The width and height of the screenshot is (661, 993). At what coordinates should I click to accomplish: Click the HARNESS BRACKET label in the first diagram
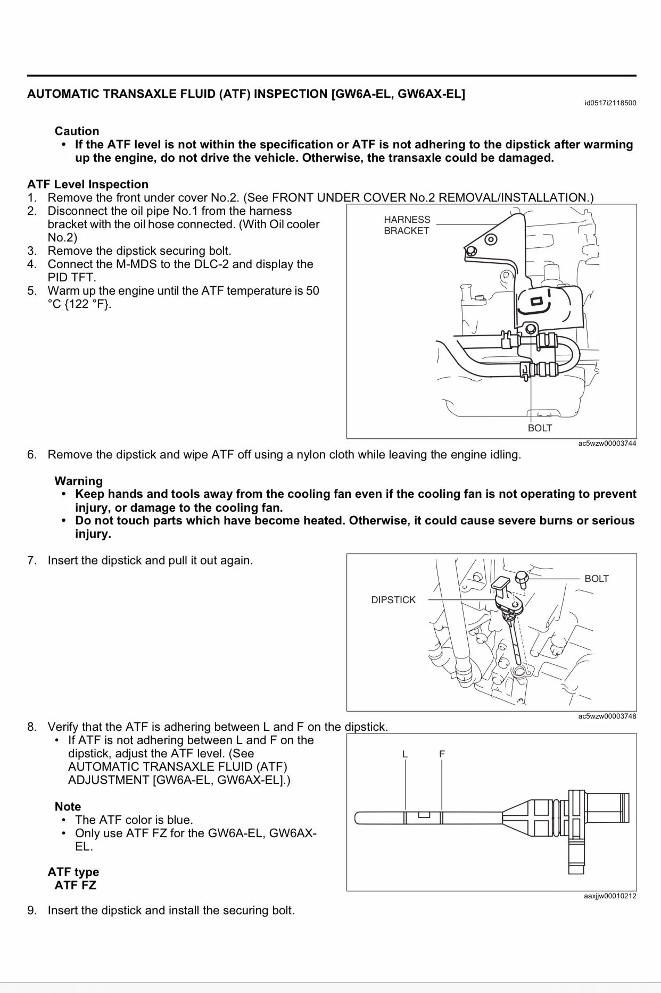pos(407,225)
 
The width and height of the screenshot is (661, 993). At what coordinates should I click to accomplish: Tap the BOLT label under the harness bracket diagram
pos(540,428)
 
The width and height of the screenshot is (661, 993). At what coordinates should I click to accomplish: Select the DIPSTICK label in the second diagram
pos(393,600)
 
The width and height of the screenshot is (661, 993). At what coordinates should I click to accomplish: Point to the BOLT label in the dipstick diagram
pos(596,579)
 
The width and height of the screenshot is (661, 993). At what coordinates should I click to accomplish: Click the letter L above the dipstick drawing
pos(405,754)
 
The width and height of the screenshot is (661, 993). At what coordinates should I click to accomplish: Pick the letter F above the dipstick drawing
pos(442,754)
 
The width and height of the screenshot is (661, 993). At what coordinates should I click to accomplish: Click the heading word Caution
pos(77,131)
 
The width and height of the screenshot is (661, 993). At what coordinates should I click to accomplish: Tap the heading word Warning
pos(78,481)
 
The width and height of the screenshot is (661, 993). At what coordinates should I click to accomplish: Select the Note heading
pos(68,806)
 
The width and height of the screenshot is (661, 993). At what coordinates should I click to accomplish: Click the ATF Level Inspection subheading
pos(88,185)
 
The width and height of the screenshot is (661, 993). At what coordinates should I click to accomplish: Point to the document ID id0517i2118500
pos(610,103)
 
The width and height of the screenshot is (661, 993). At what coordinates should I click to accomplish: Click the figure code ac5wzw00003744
pos(607,443)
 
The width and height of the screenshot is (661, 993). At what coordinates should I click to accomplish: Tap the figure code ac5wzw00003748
pos(607,716)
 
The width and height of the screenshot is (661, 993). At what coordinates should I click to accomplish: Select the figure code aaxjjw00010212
pos(610,896)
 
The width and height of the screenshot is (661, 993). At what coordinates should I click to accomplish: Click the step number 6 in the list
pos(32,455)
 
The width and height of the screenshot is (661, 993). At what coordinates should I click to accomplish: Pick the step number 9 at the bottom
pos(32,910)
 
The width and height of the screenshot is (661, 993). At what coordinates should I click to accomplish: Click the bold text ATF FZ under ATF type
pos(75,885)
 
